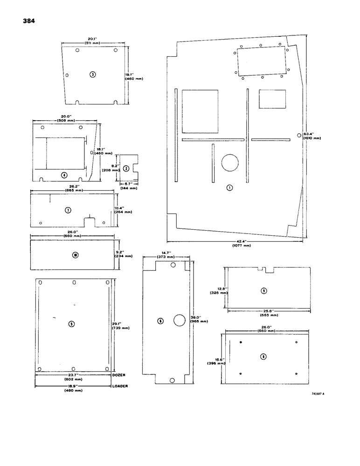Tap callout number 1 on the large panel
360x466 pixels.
[x=229, y=187]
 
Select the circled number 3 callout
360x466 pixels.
[x=93, y=75]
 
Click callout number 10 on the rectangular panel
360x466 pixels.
[x=76, y=254]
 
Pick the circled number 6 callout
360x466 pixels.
[x=160, y=321]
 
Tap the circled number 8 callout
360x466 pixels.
[x=263, y=357]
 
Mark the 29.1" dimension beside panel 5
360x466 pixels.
[x=118, y=323]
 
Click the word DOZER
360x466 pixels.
[x=119, y=374]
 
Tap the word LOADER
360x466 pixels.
[x=120, y=386]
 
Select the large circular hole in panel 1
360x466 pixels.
[x=230, y=163]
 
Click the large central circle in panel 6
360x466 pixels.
[x=180, y=320]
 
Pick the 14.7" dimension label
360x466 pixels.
[x=166, y=252]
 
